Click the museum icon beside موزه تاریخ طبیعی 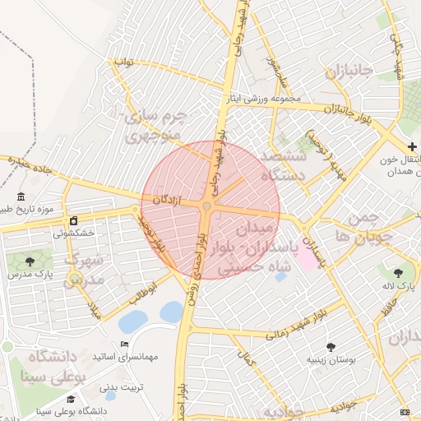(21, 198)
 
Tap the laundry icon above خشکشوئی (73, 221)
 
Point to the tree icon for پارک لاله (400, 272)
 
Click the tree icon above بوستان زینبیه (331, 347)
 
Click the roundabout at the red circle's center (206, 206)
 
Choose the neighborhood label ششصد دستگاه (282, 164)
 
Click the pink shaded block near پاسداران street (306, 259)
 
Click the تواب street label (123, 62)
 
